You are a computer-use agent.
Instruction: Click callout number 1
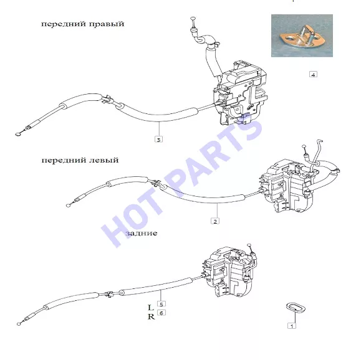click(292, 326)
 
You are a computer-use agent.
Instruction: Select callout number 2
click(215, 221)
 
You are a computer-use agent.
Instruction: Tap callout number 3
click(158, 140)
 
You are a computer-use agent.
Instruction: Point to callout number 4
click(313, 75)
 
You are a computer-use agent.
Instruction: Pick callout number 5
click(161, 304)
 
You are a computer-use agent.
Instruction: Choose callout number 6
click(161, 313)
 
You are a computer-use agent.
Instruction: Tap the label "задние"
click(142, 233)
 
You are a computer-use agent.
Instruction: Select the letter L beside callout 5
click(150, 308)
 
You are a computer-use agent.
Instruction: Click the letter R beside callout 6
click(151, 317)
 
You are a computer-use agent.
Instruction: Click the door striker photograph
click(302, 36)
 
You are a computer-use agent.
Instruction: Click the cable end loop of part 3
click(17, 135)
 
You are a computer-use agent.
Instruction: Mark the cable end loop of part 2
click(68, 206)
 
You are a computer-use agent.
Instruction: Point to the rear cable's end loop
click(19, 324)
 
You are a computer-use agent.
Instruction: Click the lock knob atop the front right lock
click(193, 18)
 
